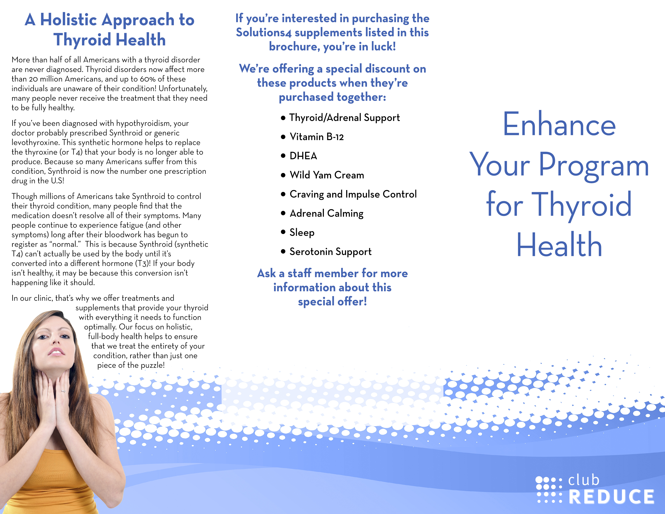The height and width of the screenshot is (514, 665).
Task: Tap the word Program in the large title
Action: pyautogui.click(x=594, y=166)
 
